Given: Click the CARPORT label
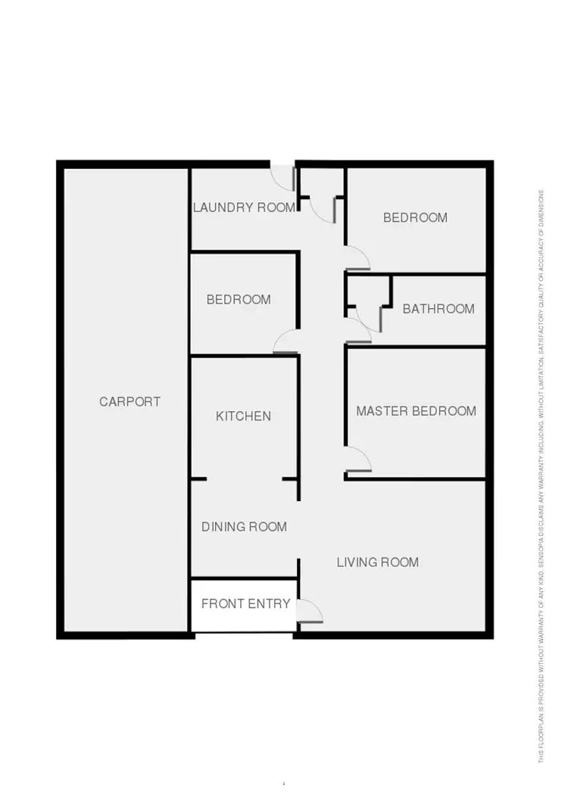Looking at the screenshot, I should [130, 402].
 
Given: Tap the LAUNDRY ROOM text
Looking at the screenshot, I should [244, 207].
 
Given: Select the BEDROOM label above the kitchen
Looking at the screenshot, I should [239, 300].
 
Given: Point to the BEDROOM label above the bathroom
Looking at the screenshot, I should [415, 218].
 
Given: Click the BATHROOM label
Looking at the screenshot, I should [438, 309].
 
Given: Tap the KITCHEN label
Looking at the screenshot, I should [243, 416].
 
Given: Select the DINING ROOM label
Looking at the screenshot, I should [244, 527].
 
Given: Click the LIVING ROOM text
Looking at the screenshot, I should [377, 562].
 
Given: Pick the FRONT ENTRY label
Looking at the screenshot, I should [245, 604].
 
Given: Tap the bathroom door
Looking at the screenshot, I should [358, 330].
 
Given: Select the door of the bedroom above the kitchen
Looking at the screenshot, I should [286, 343].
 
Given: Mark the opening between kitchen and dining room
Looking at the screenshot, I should [244, 479].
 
